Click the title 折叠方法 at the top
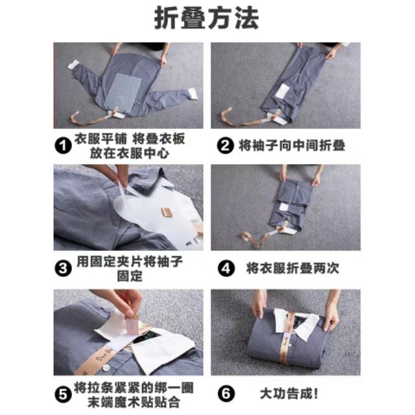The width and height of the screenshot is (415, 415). click(207, 18)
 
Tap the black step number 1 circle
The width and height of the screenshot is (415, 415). click(64, 146)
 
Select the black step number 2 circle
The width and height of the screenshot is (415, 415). click(225, 145)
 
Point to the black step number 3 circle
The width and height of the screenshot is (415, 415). click(64, 268)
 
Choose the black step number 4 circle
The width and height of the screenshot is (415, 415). click(226, 268)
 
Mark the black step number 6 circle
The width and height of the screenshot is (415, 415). click(226, 394)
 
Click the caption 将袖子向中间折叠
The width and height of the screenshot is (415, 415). click(292, 145)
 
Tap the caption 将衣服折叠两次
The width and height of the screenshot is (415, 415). click(292, 268)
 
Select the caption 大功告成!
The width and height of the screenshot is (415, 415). click(289, 394)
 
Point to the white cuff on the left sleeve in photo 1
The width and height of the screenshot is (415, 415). click(73, 65)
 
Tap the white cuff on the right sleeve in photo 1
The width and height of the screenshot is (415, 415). click(193, 94)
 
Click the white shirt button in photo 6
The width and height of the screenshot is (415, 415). click(289, 346)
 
